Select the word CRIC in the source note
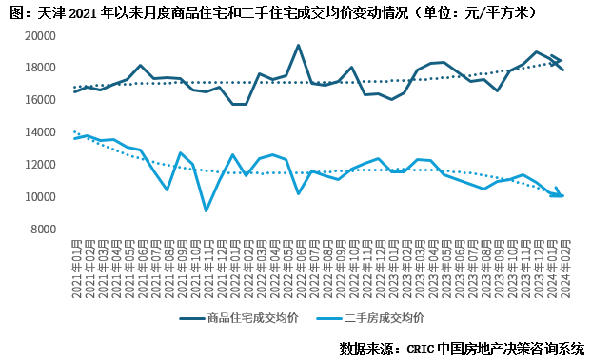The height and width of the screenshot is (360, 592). pos(424,348)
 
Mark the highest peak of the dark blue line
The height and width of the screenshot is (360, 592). pos(298,46)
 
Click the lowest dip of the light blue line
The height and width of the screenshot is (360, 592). pos(206,210)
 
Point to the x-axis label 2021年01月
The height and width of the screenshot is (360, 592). pos(74,270)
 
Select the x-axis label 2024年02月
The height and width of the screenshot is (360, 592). pos(563,270)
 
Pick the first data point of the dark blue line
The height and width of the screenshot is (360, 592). pos(74,92)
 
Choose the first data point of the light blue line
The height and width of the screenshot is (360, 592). pos(74,139)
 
